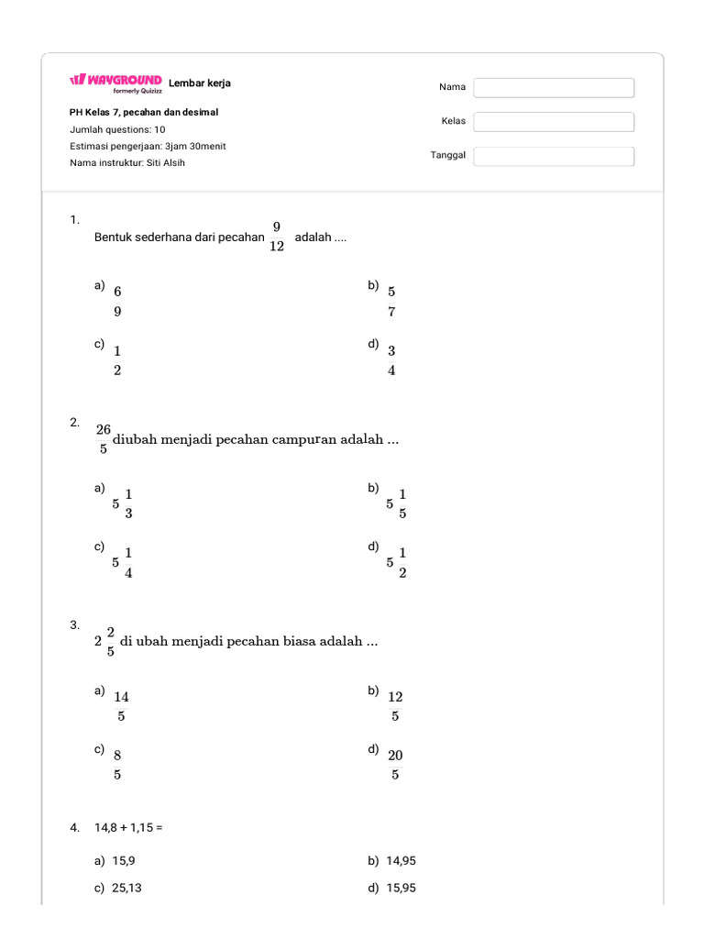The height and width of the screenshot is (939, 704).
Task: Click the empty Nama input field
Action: coord(554,88)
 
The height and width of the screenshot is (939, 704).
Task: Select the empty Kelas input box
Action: coord(554,122)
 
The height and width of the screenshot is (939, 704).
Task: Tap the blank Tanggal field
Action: coord(554,156)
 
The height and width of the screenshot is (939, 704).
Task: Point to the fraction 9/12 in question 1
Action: coord(277,237)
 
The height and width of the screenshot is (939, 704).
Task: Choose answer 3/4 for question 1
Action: coord(391,360)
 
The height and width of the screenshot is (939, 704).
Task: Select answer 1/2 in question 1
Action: coord(117,360)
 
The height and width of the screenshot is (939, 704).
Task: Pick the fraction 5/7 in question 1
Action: coord(391,302)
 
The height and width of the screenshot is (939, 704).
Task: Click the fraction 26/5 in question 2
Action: coord(104,439)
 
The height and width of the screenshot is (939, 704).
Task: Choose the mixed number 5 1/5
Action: coord(397,503)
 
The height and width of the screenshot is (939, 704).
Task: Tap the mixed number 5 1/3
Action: coord(123,503)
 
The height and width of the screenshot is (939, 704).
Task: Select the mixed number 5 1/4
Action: coord(123,562)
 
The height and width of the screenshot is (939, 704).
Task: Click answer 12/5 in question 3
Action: coord(395,707)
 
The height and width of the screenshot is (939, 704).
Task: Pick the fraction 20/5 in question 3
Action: coord(395,765)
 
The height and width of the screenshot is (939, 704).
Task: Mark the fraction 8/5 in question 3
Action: coord(117,765)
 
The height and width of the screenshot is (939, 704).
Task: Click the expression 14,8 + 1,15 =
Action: coord(128,827)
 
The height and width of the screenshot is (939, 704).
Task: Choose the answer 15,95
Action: coord(401,888)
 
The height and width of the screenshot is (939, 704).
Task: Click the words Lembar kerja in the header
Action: coord(200,83)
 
